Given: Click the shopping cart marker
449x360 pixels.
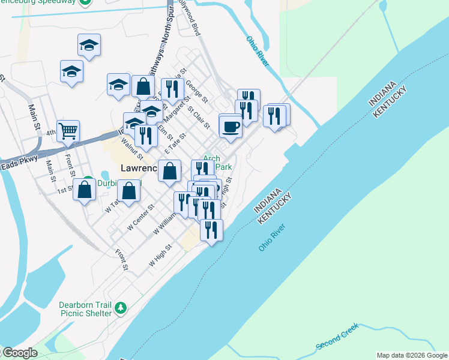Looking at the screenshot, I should [x=68, y=130].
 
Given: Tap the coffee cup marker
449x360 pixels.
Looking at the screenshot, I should [x=231, y=126].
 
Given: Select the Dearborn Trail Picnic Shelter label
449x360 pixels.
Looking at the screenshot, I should [x=85, y=309].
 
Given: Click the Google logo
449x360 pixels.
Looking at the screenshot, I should [x=19, y=353].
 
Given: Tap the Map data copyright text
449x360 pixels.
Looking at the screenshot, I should [x=412, y=355].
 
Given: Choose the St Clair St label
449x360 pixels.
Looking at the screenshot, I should [x=199, y=118].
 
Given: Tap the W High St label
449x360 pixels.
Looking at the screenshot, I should [x=160, y=254].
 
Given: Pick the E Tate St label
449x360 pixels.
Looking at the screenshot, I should [x=176, y=143].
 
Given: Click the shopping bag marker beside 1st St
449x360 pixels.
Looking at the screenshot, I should [x=85, y=189].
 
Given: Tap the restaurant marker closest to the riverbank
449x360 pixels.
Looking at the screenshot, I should [x=211, y=230].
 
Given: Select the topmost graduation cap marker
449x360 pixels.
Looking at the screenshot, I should [x=89, y=45].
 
